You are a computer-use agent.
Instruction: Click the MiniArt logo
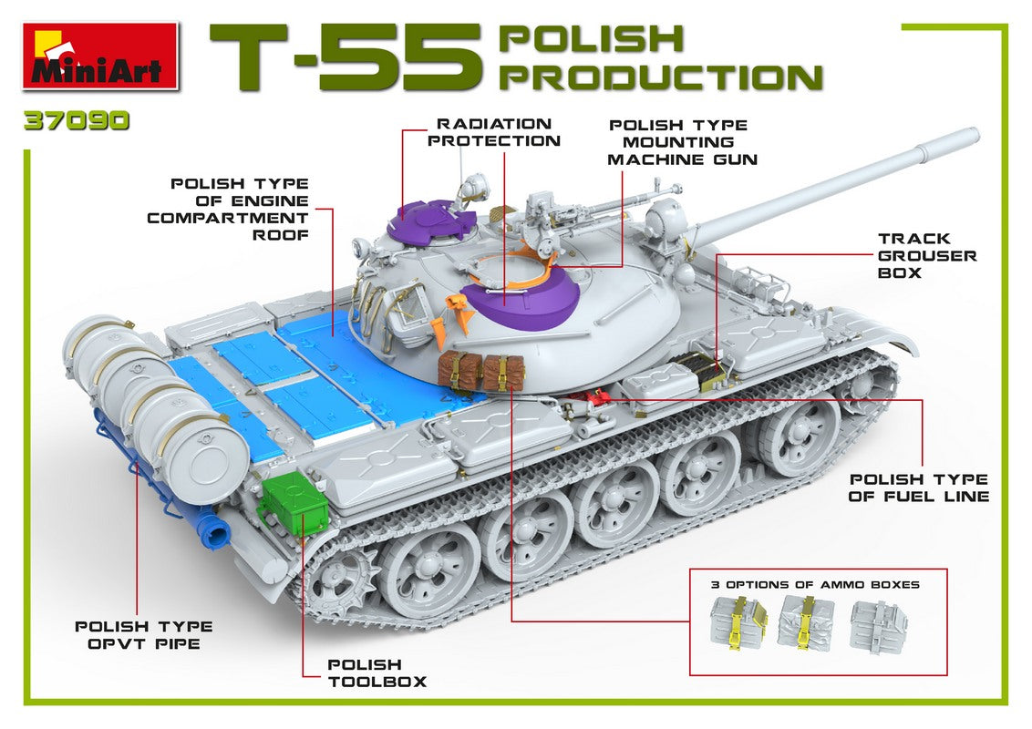[99, 56]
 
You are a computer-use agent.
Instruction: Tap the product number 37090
[77, 122]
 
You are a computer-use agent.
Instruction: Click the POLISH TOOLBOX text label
[376, 673]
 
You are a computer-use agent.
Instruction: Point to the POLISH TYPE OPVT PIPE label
[143, 634]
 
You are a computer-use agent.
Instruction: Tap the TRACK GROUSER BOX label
[926, 255]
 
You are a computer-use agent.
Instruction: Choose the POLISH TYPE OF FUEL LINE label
[919, 488]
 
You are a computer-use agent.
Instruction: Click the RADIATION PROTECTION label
[494, 132]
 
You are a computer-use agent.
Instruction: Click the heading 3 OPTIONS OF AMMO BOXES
[815, 584]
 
